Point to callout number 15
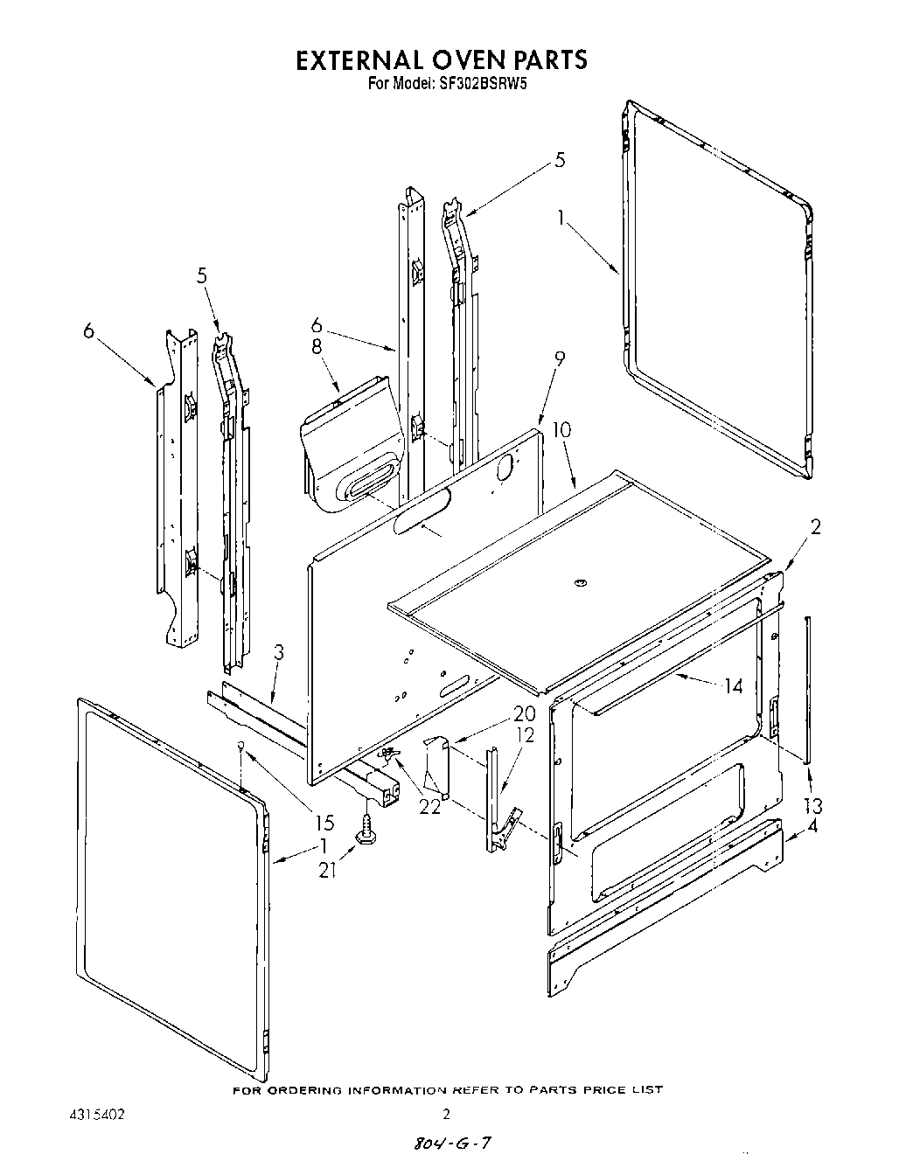(324, 823)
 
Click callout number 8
(317, 347)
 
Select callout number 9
(559, 358)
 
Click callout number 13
(812, 805)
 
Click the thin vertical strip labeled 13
(809, 691)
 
